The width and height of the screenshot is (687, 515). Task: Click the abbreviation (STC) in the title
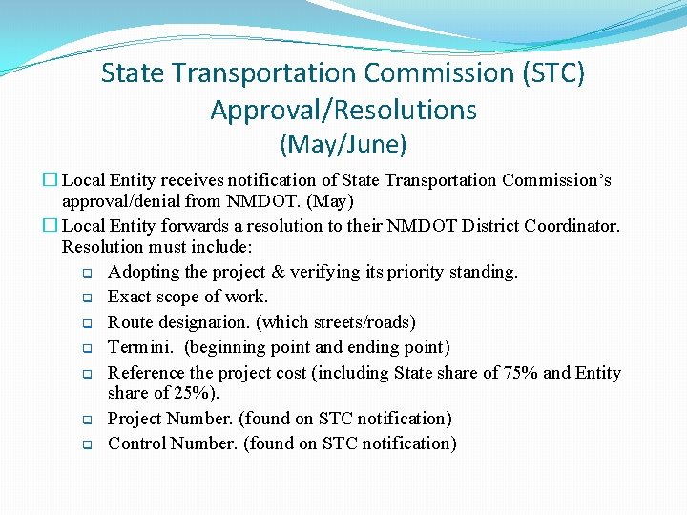tap(547, 73)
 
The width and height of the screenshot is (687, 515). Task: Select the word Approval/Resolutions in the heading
tap(343, 111)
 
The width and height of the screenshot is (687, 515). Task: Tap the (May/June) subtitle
tap(343, 145)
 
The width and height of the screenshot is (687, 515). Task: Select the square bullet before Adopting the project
tap(86, 273)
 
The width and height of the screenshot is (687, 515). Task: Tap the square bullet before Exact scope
tap(86, 298)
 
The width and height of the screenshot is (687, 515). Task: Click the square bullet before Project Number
tap(86, 420)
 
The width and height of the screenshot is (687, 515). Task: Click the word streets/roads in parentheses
tap(364, 322)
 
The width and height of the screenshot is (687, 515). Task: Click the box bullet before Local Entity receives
tap(51, 180)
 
